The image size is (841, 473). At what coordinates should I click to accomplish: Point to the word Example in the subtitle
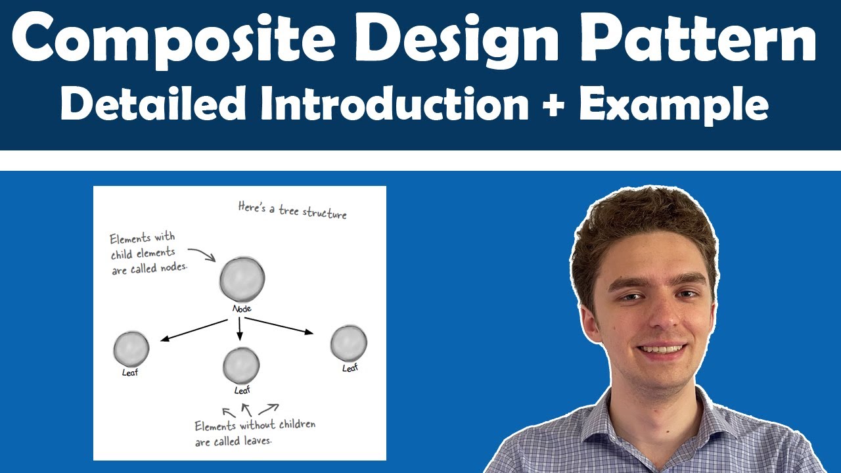click(673, 105)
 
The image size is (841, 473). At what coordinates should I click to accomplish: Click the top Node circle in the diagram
click(242, 280)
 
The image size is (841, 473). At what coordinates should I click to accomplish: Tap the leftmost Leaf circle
click(131, 349)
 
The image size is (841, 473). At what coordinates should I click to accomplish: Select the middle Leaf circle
click(241, 365)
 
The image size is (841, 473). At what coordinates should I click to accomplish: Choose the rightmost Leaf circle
click(348, 343)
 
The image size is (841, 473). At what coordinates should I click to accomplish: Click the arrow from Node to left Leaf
click(194, 330)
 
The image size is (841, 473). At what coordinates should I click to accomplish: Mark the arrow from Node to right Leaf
click(279, 326)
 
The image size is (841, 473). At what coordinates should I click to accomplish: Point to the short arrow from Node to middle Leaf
click(240, 328)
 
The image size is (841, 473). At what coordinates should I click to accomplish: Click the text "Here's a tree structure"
click(292, 211)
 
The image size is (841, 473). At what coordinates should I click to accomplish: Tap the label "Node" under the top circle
click(242, 309)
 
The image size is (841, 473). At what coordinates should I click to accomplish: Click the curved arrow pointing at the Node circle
click(202, 254)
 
